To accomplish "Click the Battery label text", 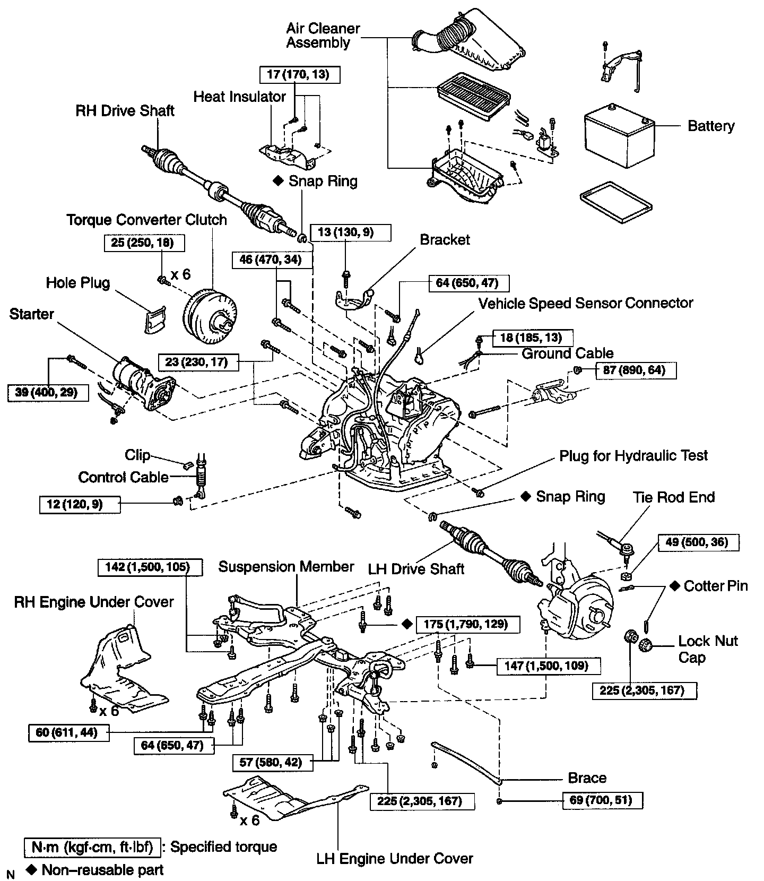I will pos(711,126).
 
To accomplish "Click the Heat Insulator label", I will pos(239,97).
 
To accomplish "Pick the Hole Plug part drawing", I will pos(154,320).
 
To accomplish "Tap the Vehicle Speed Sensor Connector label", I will pos(586,303).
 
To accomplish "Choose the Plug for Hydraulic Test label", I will pos(633,455).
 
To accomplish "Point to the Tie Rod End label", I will pos(673,497).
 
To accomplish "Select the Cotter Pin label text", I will pos(715,586).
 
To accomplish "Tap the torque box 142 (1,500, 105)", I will pos(151,567).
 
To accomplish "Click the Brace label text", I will pos(587,778).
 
